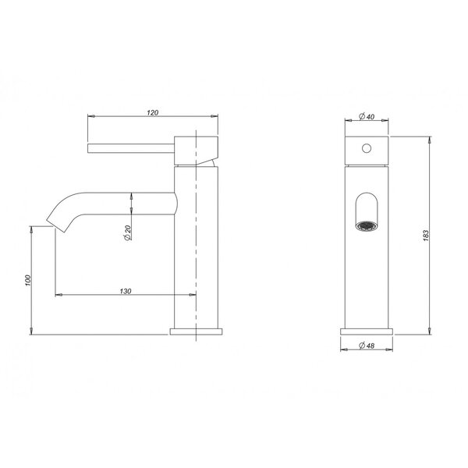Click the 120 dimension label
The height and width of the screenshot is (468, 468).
pyautogui.click(x=153, y=113)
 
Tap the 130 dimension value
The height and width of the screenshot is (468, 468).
pyautogui.click(x=126, y=291)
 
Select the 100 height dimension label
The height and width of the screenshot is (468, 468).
pyautogui.click(x=28, y=281)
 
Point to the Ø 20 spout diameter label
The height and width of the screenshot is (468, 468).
pyautogui.click(x=127, y=232)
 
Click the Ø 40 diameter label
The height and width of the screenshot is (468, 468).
pyautogui.click(x=367, y=116)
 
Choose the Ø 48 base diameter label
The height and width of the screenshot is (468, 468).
pyautogui.click(x=367, y=346)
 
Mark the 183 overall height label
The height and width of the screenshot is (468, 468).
pyautogui.click(x=426, y=236)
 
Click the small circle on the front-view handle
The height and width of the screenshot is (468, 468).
pyautogui.click(x=367, y=148)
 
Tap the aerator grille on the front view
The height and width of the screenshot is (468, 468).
pyautogui.click(x=367, y=226)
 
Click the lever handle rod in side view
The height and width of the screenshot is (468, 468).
pyautogui.click(x=131, y=148)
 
